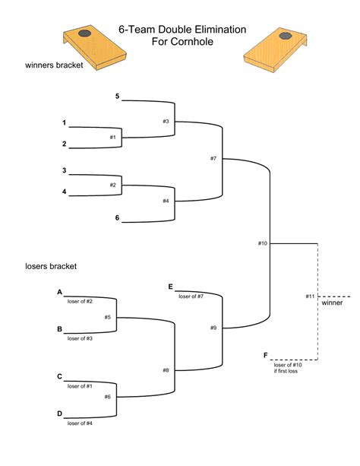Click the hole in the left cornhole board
point(84,34)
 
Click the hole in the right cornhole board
point(286,36)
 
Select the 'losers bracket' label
point(50,266)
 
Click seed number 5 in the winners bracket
point(117,96)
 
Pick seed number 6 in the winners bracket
point(117,217)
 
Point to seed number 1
point(65,122)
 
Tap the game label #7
point(214,158)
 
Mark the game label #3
point(165,122)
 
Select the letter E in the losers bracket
point(171,287)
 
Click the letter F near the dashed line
point(265,355)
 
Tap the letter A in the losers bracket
point(59,291)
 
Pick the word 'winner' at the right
point(332,303)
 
